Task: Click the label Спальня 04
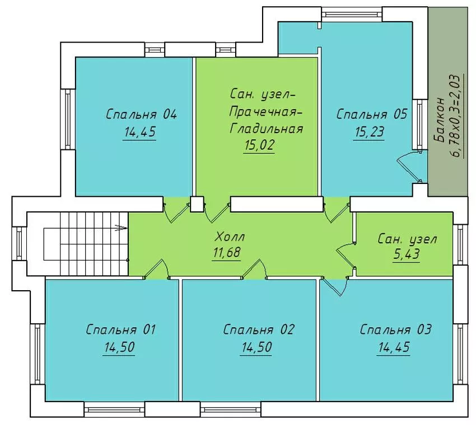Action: [x=141, y=115]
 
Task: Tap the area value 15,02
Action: [x=259, y=145]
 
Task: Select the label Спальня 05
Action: [x=372, y=115]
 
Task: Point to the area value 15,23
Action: [x=369, y=132]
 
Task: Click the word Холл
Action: [x=229, y=237]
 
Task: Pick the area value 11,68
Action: [x=226, y=253]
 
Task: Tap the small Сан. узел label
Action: [x=407, y=239]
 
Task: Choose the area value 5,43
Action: [x=407, y=254]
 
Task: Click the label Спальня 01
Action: [x=120, y=329]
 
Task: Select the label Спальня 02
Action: [x=258, y=329]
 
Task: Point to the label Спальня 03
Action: [x=395, y=329]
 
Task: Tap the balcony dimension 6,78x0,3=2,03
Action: [x=456, y=116]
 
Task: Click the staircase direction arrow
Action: [x=121, y=228]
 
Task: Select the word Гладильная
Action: [x=266, y=129]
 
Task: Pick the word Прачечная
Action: [x=265, y=112]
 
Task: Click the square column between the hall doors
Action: [x=197, y=204]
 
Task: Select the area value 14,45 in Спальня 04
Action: [x=139, y=132]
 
